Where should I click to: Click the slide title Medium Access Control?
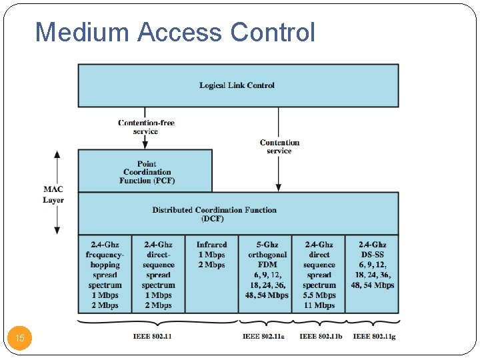click(x=175, y=31)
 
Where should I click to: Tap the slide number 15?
click(x=20, y=339)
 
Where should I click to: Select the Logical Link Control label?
click(x=237, y=85)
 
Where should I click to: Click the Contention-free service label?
click(x=145, y=127)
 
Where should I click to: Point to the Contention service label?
click(x=279, y=147)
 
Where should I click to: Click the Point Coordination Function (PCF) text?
click(x=147, y=172)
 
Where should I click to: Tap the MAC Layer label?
click(x=53, y=195)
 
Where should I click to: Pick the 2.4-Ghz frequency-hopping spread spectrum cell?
click(x=105, y=275)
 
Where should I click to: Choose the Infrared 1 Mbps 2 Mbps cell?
click(x=211, y=255)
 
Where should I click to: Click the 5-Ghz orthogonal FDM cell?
click(x=266, y=270)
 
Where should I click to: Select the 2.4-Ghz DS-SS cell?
click(x=372, y=265)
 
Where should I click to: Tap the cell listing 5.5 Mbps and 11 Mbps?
click(x=319, y=275)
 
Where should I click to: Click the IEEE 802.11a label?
click(x=263, y=337)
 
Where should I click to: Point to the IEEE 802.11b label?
click(x=321, y=337)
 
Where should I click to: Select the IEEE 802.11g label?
click(x=374, y=337)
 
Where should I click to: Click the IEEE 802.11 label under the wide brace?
click(x=152, y=336)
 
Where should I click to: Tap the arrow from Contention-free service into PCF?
click(x=145, y=142)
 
